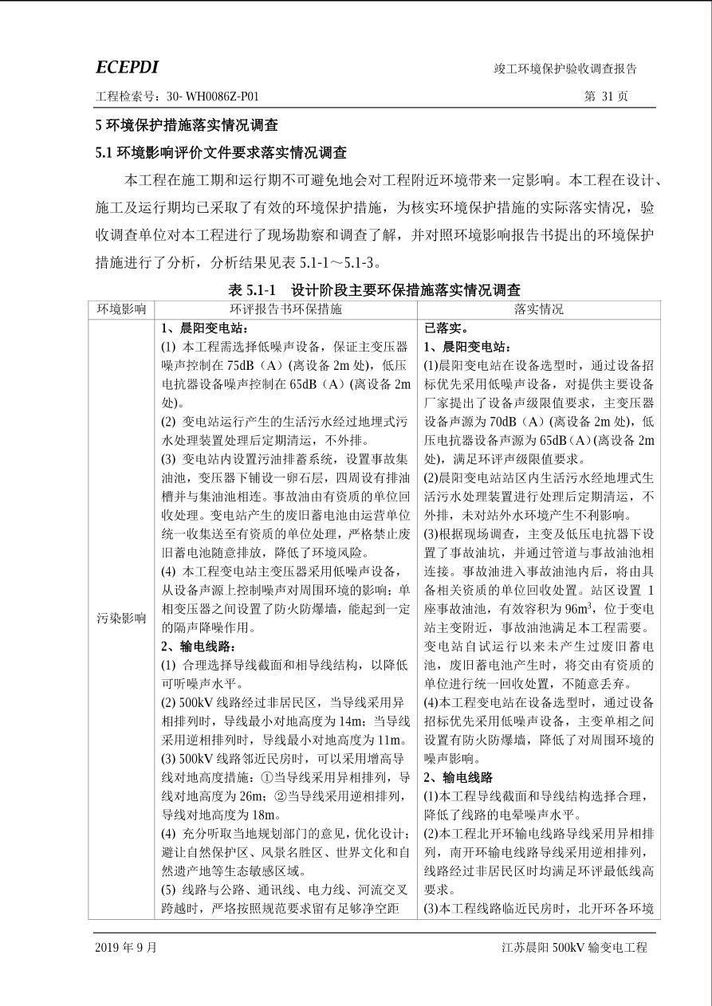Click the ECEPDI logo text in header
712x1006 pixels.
click(x=127, y=68)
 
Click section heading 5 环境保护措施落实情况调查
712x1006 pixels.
click(x=187, y=125)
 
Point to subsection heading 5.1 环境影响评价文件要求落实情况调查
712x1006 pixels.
click(x=221, y=152)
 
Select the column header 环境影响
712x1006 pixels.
click(x=121, y=309)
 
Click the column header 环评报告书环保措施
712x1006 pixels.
click(x=285, y=309)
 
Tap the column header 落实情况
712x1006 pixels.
click(x=538, y=309)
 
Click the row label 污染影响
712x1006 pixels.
click(x=121, y=618)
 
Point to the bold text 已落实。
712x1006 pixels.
click(x=446, y=328)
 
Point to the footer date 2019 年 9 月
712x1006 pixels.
click(x=126, y=947)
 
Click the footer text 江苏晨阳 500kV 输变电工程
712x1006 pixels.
click(x=574, y=947)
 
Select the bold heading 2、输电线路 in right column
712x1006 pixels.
click(x=458, y=777)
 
